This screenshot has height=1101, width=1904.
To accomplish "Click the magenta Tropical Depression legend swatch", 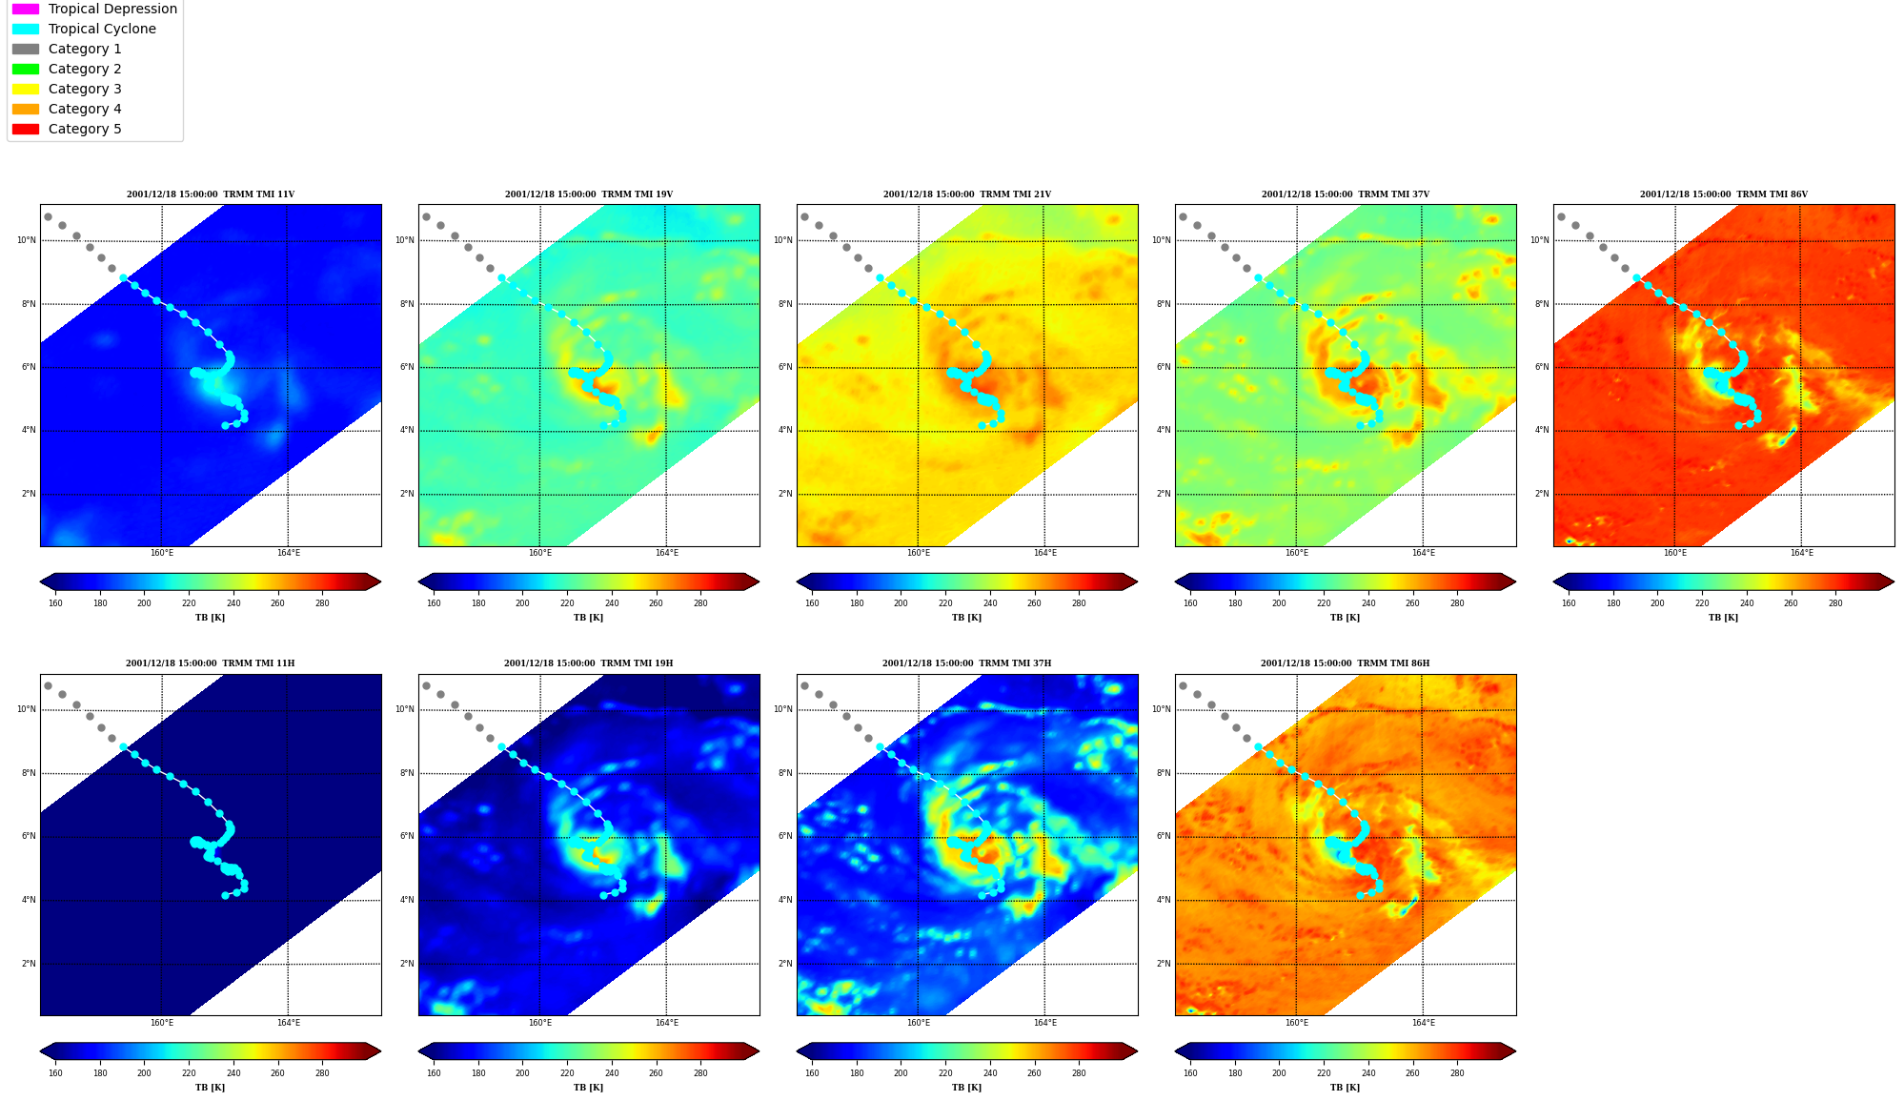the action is tap(26, 9).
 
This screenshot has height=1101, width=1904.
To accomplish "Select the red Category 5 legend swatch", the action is tap(26, 129).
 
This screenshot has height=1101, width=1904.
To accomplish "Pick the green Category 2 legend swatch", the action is tap(26, 69).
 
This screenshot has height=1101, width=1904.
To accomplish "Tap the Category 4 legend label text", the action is tap(85, 109).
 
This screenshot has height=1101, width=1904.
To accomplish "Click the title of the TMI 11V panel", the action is tap(211, 194).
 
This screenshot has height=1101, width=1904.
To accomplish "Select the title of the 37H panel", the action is tap(966, 663).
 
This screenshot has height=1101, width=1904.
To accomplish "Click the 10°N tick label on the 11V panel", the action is tap(26, 240).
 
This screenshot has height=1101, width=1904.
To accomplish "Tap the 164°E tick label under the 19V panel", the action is tap(666, 553).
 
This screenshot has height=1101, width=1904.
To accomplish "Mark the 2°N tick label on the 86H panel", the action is tap(1164, 964).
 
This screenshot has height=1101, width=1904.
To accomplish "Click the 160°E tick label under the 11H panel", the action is tap(162, 1023).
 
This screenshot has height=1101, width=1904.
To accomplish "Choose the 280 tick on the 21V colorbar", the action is tap(1079, 602).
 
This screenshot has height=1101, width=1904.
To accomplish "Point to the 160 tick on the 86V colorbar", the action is tap(1569, 602).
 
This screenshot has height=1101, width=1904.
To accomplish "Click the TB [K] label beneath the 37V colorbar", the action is tap(1345, 618).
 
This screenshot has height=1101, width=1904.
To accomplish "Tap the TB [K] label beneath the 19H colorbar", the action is tap(588, 1088).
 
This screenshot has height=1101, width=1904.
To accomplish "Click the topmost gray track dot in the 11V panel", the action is tap(48, 216).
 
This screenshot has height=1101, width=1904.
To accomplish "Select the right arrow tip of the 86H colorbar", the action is tap(1515, 1051).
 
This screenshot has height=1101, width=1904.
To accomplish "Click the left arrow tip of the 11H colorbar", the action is tap(41, 1051).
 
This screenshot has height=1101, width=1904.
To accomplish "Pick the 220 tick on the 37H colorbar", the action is tap(945, 1073).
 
